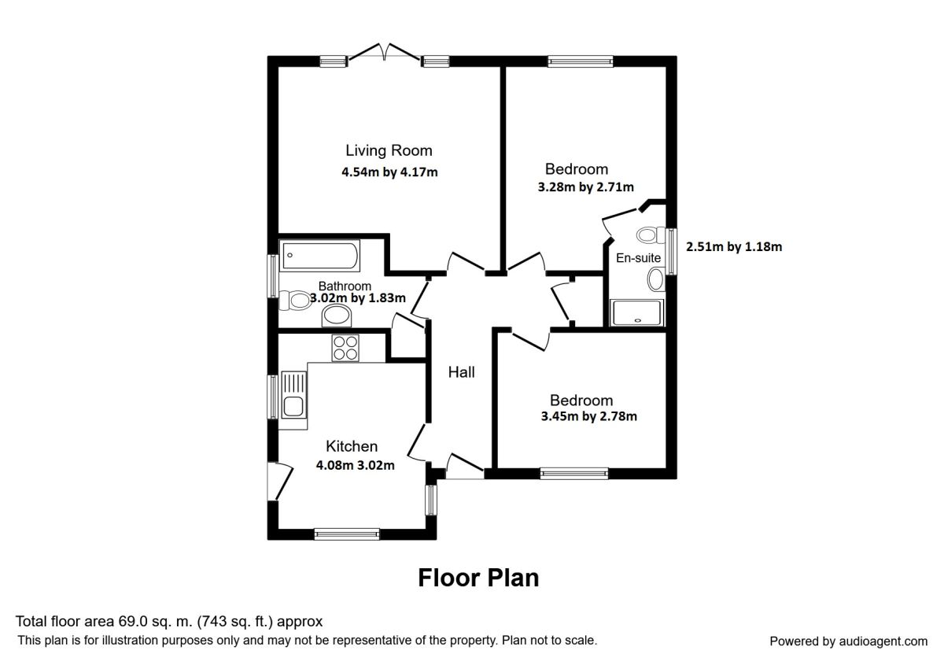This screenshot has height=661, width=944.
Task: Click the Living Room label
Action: tap(389, 150)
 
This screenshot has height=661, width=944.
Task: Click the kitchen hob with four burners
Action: tap(345, 347)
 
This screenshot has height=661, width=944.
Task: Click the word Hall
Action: tap(461, 372)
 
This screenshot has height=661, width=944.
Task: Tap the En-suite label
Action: tap(638, 258)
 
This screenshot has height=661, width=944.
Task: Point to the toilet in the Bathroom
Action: tap(297, 300)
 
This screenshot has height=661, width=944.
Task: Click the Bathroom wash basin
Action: tap(337, 316)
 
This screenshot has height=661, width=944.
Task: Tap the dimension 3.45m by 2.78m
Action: tap(588, 417)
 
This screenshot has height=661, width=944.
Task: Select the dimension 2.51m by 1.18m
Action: tap(734, 246)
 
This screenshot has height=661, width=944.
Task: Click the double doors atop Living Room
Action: tap(385, 54)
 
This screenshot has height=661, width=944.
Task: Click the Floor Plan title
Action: tap(478, 578)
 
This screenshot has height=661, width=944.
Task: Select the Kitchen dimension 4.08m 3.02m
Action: tap(355, 465)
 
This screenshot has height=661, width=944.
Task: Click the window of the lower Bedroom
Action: tap(573, 473)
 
